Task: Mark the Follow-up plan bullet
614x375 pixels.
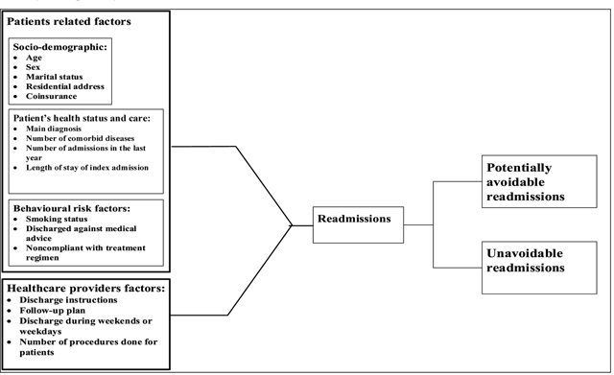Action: tap(55, 312)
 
